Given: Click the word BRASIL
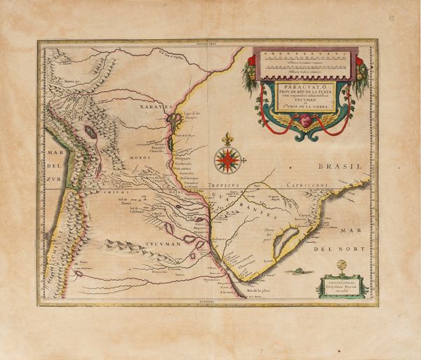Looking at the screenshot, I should click(338, 167).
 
